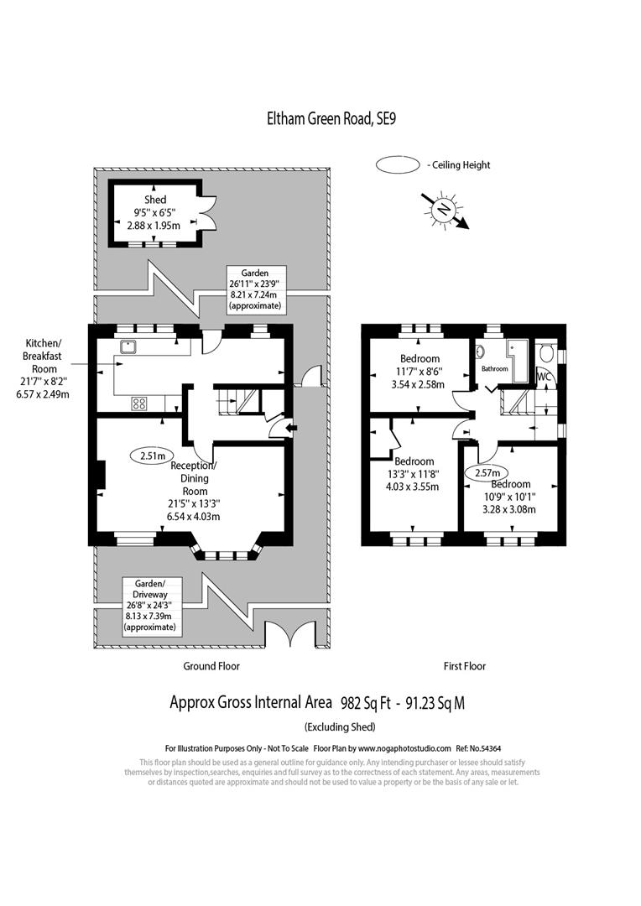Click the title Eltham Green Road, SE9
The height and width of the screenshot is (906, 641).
(x=326, y=118)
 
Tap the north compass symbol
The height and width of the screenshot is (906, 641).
(x=445, y=209)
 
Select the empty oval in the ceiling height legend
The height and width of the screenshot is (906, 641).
(x=399, y=165)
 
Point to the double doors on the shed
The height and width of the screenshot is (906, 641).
(x=211, y=215)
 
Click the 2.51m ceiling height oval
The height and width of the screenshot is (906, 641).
(x=151, y=456)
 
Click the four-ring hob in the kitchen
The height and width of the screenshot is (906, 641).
(x=139, y=404)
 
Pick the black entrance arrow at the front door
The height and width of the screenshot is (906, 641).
(x=290, y=430)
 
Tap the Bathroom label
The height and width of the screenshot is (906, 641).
(x=494, y=368)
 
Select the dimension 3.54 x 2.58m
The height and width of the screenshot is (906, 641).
(x=420, y=385)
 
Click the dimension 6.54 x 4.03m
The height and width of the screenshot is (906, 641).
(x=193, y=517)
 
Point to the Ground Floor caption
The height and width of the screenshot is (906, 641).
(x=211, y=666)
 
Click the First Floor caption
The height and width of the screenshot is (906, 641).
(x=465, y=666)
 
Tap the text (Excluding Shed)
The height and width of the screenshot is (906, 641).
(x=339, y=726)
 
